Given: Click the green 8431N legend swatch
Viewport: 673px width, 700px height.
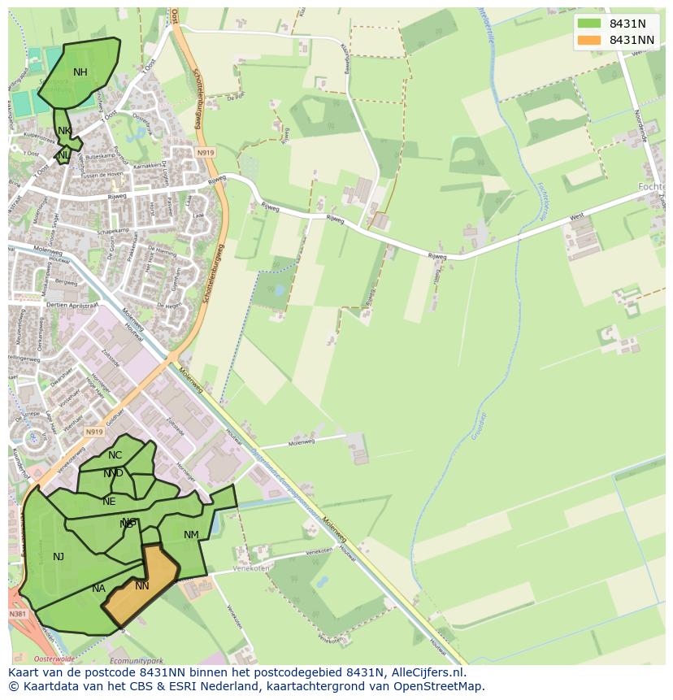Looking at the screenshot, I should [x=589, y=24].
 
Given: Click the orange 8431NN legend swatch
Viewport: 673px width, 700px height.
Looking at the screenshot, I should [x=589, y=40].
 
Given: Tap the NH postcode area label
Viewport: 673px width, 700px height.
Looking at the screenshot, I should [x=80, y=72].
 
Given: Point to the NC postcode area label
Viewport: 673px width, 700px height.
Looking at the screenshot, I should [x=115, y=455].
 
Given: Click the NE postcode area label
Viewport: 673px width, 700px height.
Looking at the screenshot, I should [x=109, y=502].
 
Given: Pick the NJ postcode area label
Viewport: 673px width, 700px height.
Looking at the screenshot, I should [x=59, y=557].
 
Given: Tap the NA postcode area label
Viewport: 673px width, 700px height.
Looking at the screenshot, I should [x=98, y=589].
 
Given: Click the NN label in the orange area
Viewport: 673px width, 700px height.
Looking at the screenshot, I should [x=142, y=586].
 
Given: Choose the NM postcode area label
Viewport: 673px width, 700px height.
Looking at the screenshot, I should [x=191, y=535].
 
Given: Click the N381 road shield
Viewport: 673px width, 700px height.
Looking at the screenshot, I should [x=18, y=615].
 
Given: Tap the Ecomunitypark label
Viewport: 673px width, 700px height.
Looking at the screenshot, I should [x=137, y=661].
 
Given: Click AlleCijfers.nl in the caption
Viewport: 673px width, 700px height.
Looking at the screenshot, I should [x=427, y=672].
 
